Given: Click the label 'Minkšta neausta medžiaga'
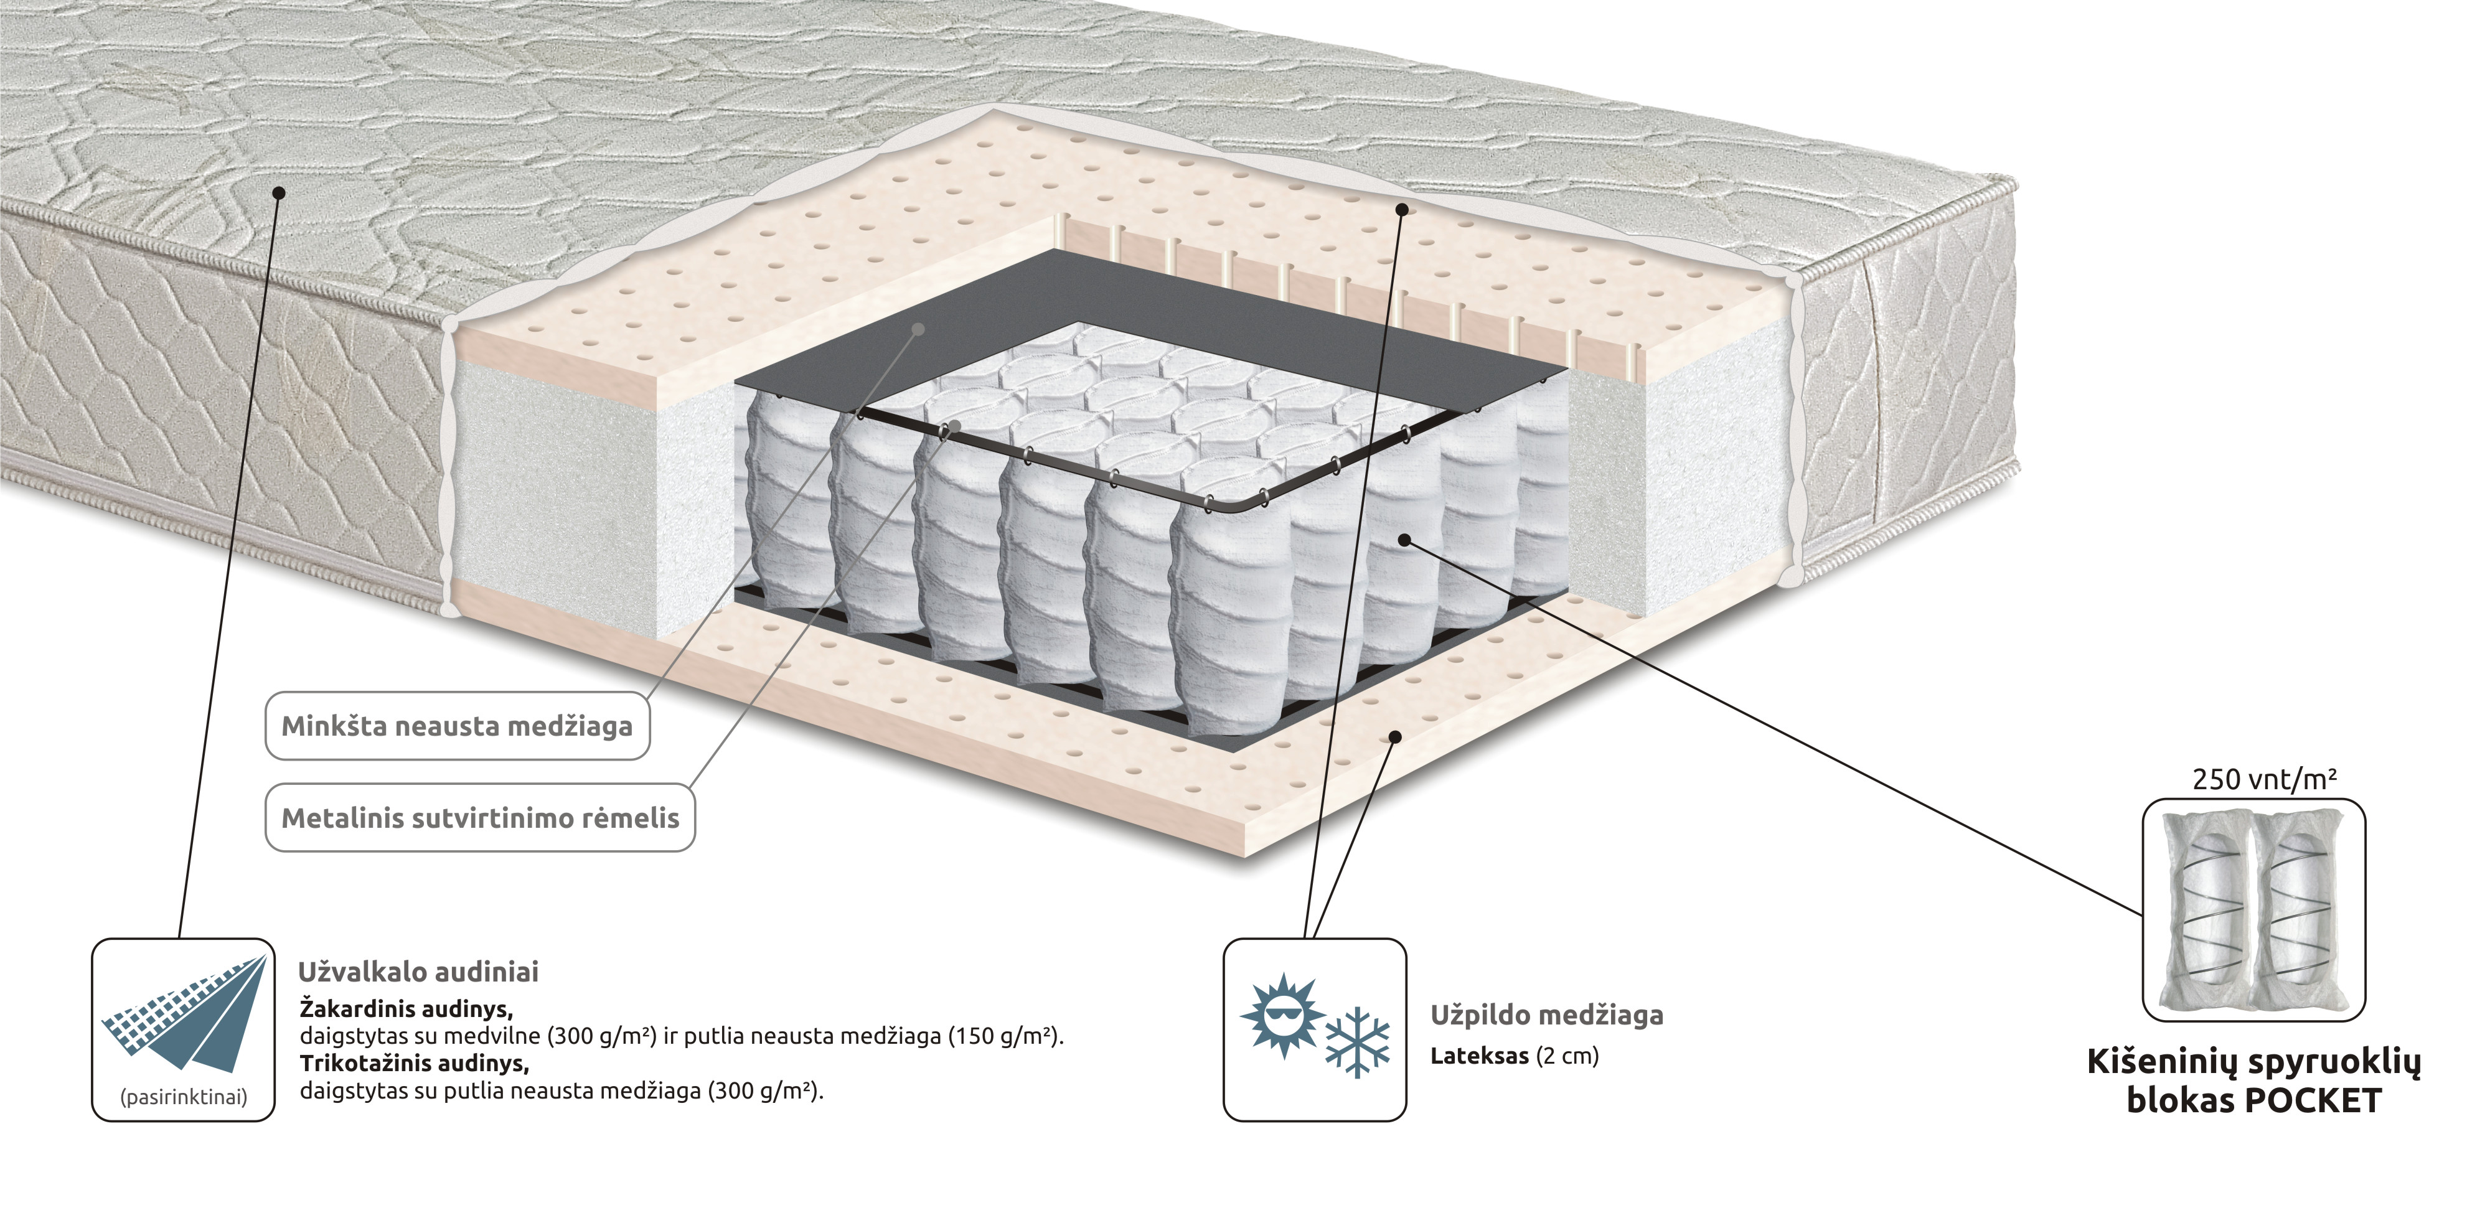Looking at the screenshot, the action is [457, 726].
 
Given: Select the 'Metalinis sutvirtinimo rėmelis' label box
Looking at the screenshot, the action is [481, 817].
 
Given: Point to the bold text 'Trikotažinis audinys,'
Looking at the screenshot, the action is [415, 1064].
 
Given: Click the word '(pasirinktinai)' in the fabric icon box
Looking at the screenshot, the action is [184, 1097].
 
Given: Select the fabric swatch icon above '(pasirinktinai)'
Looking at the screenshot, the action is [184, 1013].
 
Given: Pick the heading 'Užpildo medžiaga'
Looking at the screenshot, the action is [1546, 1015].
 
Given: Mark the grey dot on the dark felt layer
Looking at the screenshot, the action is [918, 329].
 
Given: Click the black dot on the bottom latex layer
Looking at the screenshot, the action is [1395, 736].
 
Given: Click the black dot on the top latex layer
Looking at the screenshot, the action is [1402, 208].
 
